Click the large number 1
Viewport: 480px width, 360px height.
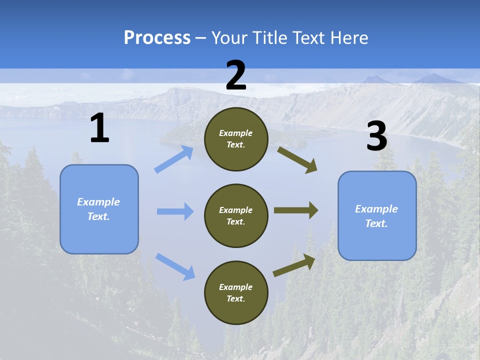[x=99, y=129]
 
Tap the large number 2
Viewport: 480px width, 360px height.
[x=236, y=75]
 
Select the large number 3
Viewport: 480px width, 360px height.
[x=376, y=136]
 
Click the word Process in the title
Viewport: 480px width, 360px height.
[x=157, y=37]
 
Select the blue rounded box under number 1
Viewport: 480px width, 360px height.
[x=99, y=209]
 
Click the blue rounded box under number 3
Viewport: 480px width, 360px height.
[x=377, y=215]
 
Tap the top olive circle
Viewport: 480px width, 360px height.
[x=236, y=139]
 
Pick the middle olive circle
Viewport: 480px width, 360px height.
[x=236, y=215]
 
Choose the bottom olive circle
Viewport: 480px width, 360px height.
[x=236, y=292]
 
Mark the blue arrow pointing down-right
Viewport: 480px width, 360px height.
[x=175, y=266]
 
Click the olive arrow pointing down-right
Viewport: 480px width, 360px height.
[x=297, y=159]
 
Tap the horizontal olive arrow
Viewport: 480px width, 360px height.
[x=295, y=210]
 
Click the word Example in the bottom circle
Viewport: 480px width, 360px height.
[x=235, y=287]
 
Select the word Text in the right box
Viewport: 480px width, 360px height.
[x=376, y=223]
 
